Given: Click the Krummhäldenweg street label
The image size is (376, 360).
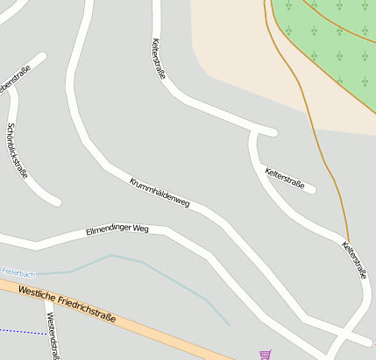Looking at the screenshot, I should (x=160, y=192).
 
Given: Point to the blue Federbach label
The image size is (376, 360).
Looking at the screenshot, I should (x=18, y=272).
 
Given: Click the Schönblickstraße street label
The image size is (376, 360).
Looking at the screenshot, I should (x=17, y=149).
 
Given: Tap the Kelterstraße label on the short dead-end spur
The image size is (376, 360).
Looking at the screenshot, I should (x=284, y=178).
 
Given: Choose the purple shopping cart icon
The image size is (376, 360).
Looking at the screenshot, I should (x=265, y=355).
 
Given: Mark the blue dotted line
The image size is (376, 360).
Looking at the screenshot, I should (x=22, y=331).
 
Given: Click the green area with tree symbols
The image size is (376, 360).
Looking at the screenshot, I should (x=333, y=44).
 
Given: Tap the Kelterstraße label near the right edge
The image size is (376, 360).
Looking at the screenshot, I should (x=354, y=259).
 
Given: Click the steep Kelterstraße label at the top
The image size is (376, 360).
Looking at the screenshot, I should (x=159, y=58).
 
